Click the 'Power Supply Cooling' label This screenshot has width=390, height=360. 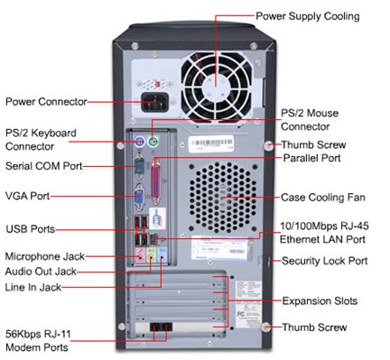308,16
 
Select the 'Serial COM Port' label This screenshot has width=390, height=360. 42,166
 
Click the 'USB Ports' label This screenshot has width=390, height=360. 29,227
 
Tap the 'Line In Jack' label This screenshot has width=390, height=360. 34,286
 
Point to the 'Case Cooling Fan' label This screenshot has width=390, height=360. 322,196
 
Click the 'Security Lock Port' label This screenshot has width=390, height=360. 324,261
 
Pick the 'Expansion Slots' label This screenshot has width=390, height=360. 320,300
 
